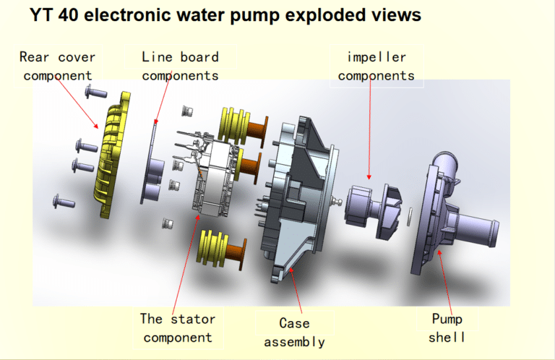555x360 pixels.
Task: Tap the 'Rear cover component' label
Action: (57, 65)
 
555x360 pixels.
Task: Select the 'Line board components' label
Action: (180, 65)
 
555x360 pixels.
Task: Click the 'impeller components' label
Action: (377, 65)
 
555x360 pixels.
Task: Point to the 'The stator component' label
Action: (178, 327)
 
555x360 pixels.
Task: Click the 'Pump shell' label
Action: (447, 328)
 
